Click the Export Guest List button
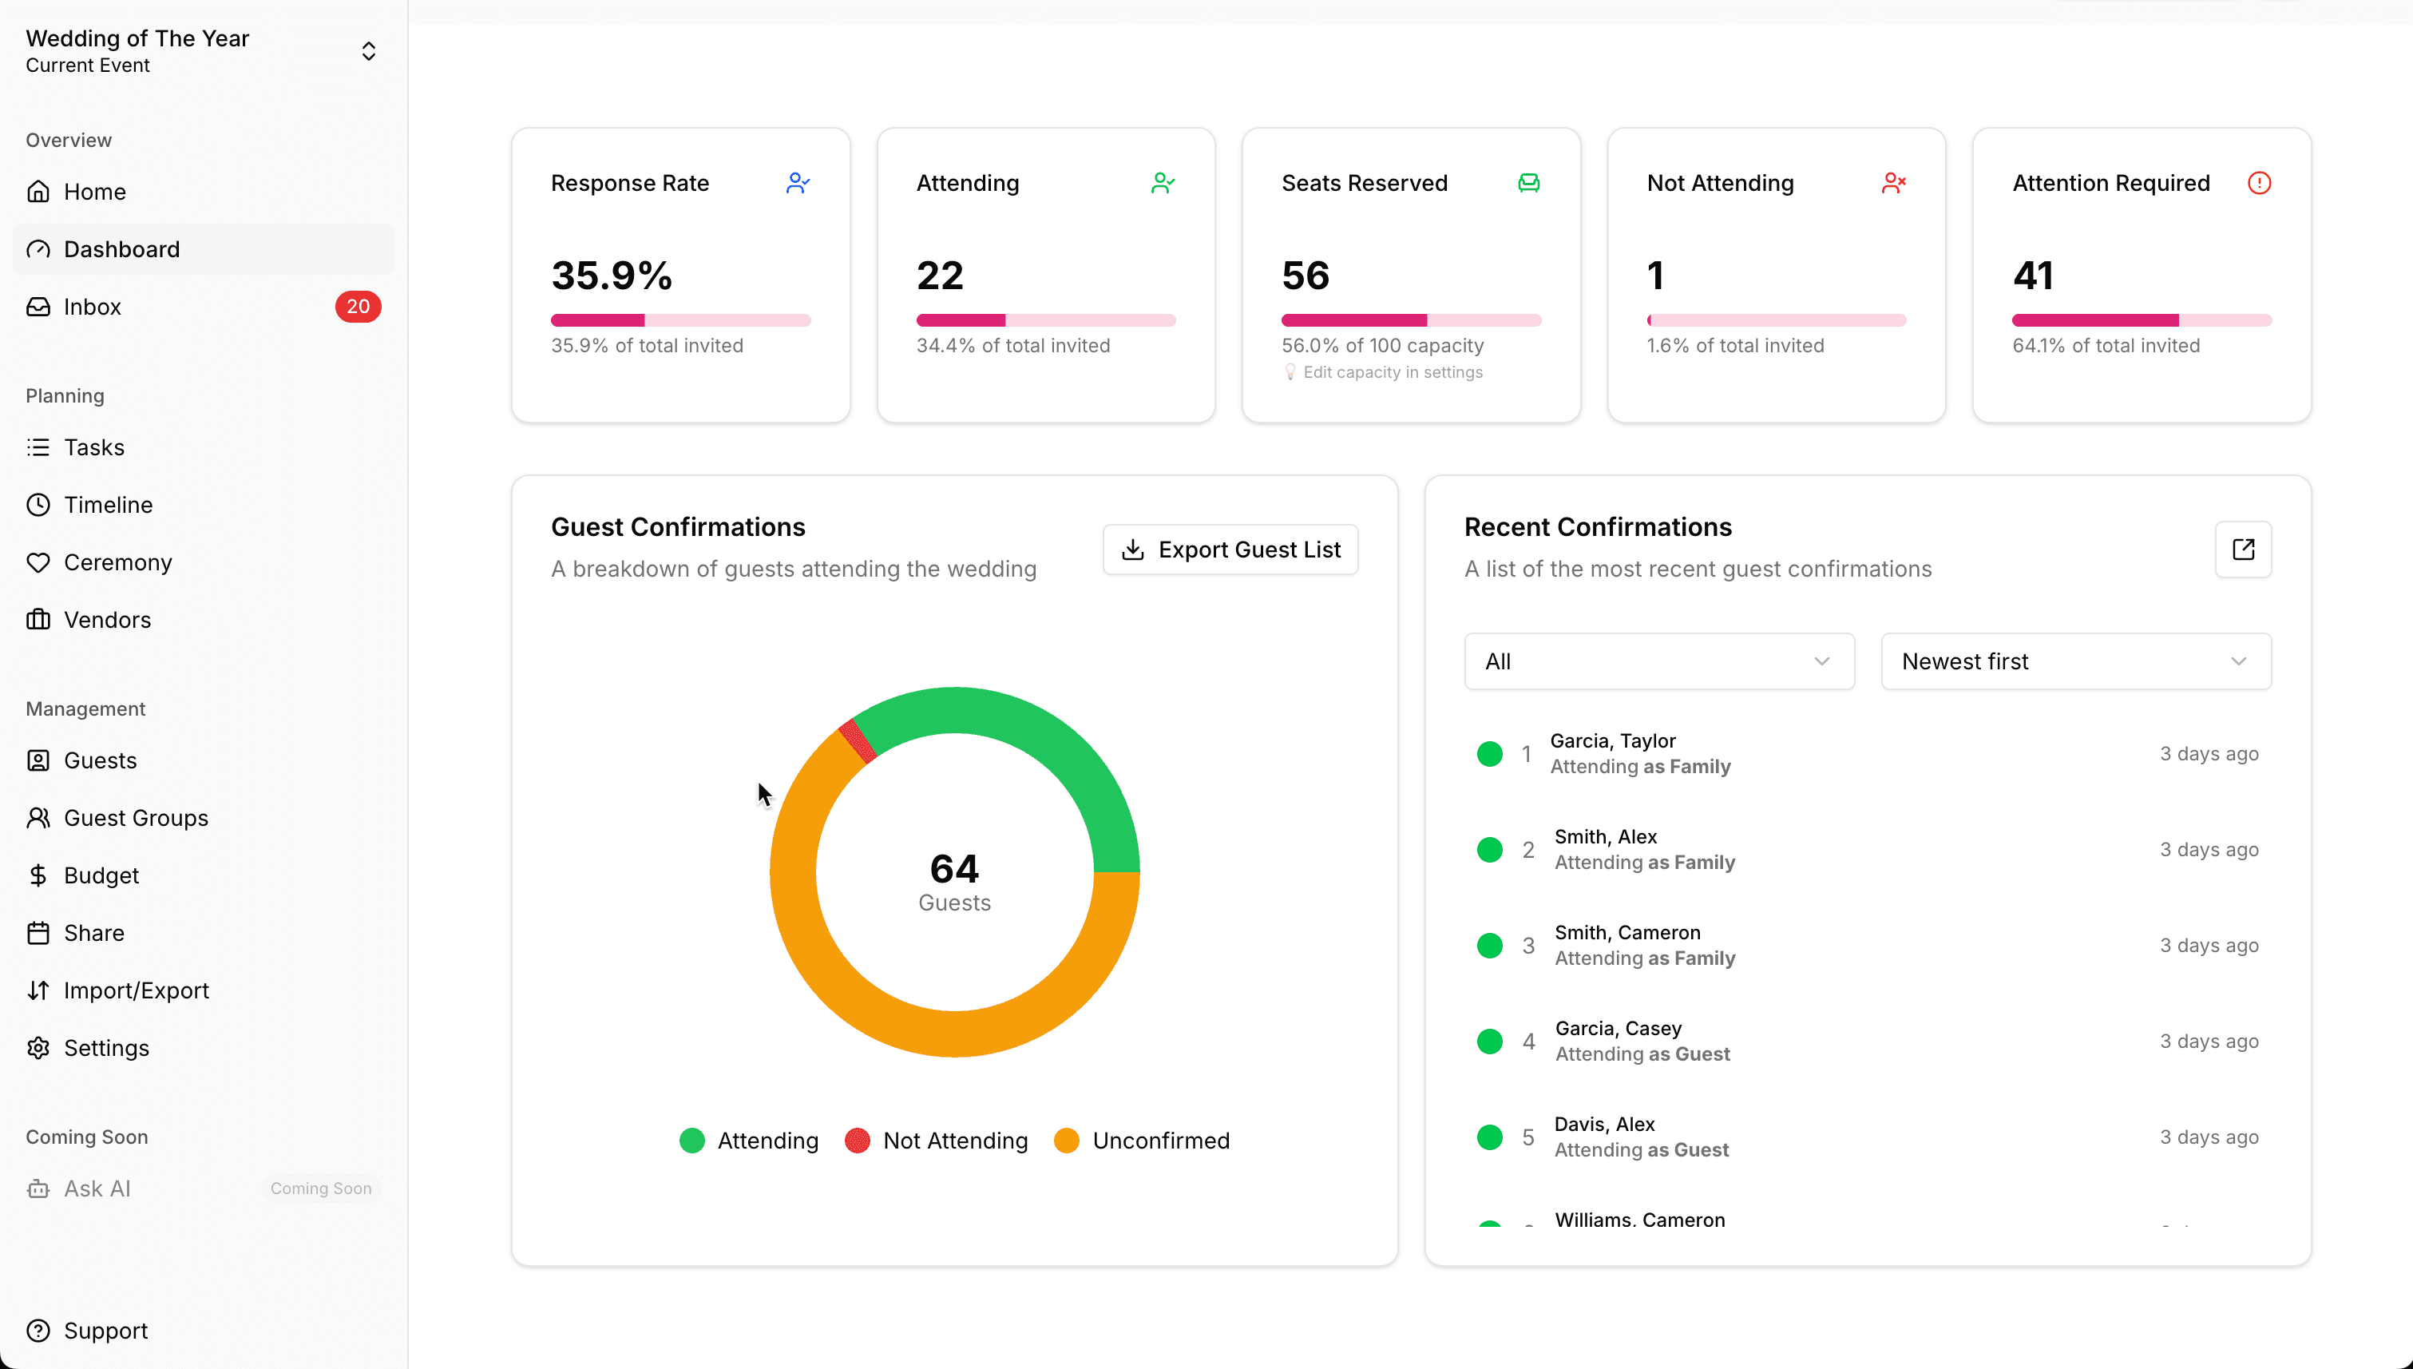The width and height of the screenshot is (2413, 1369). click(1230, 549)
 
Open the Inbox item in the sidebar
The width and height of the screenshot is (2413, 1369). click(92, 307)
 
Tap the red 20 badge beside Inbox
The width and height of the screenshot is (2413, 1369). click(357, 307)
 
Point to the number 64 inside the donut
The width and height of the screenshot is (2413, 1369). click(954, 868)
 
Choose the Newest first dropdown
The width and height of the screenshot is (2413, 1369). click(2074, 661)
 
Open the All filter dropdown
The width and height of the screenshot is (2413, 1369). click(1658, 661)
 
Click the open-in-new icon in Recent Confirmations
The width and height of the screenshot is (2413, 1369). click(2243, 549)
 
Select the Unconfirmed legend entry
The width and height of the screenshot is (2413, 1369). click(1160, 1141)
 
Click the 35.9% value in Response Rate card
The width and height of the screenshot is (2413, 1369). click(612, 276)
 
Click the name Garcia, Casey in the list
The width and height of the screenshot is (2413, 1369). click(1618, 1028)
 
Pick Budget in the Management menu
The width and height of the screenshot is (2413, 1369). click(101, 875)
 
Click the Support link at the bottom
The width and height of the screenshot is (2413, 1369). click(105, 1331)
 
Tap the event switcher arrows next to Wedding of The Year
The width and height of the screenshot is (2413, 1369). click(368, 51)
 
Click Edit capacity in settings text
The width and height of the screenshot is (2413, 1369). click(1393, 372)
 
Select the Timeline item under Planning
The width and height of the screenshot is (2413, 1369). click(108, 505)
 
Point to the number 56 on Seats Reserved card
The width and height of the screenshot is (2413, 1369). click(1306, 276)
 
